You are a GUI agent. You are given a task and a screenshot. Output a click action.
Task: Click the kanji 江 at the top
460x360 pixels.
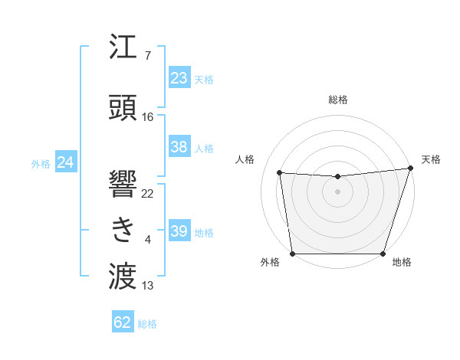(x=123, y=47)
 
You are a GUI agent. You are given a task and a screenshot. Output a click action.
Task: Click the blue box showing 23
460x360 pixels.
(x=179, y=78)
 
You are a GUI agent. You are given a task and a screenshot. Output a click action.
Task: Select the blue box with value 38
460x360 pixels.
(x=179, y=147)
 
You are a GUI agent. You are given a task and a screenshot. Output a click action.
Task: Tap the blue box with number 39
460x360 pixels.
(x=179, y=231)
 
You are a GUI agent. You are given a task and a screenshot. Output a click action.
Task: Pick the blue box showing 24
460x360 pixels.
(x=66, y=162)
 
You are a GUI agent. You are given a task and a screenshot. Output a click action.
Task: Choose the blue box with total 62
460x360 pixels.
(x=123, y=322)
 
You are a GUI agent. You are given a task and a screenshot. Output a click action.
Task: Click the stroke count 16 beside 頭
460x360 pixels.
(x=148, y=117)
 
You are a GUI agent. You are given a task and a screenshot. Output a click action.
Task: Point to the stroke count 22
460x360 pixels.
(x=148, y=193)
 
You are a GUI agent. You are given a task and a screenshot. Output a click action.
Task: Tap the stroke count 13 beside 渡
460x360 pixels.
(x=148, y=286)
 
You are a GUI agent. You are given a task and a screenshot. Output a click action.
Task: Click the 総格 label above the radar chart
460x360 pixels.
(x=337, y=100)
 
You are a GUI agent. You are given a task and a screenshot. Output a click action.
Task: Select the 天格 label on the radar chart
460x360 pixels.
(x=431, y=159)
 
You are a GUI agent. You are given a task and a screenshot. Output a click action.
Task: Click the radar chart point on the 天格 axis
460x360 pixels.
(x=410, y=169)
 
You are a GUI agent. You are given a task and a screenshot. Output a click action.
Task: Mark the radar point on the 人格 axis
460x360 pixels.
(x=280, y=173)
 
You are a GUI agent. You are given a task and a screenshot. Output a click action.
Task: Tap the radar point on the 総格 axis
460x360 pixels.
(x=337, y=177)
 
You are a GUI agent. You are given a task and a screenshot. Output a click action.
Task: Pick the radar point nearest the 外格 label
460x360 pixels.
(x=293, y=253)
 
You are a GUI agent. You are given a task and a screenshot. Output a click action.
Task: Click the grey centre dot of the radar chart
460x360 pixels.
(x=337, y=191)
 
